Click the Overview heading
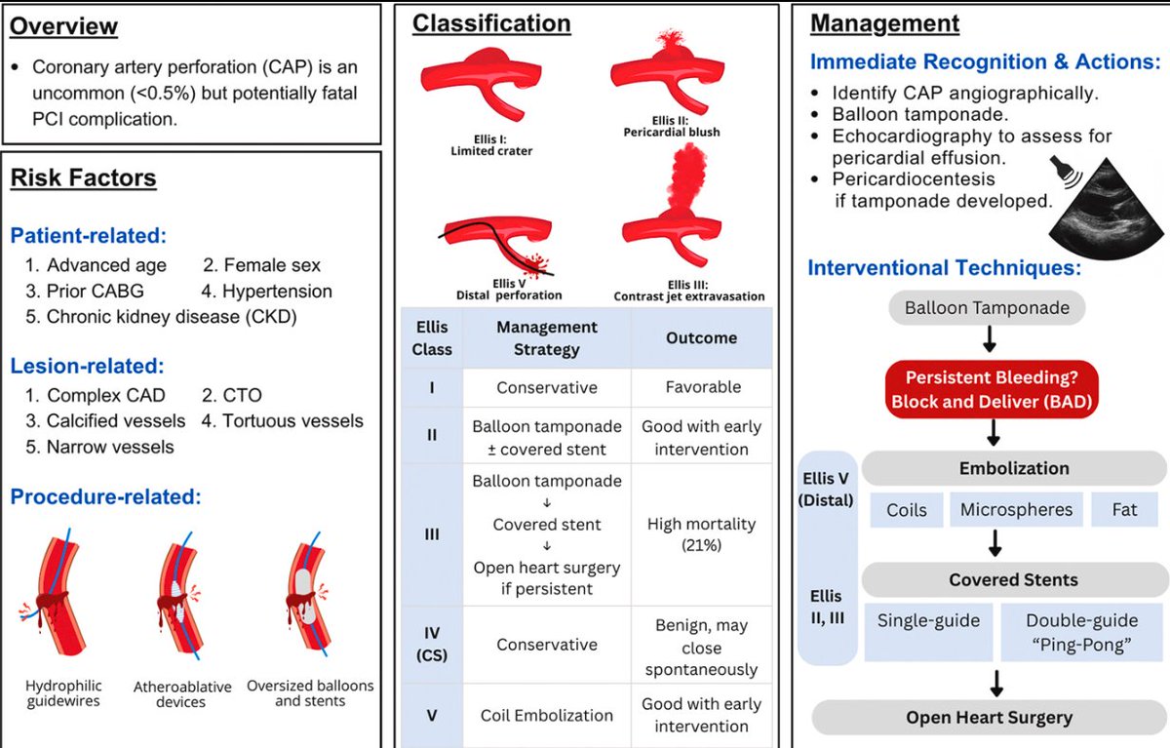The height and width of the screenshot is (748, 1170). coord(63,25)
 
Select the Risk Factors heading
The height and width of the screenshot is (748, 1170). coord(83,177)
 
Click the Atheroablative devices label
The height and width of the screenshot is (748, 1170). coord(182,693)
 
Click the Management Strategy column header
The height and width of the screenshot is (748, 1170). coord(546,337)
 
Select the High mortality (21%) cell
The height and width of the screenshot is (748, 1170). coord(701,534)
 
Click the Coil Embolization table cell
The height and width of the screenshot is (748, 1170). coord(546,715)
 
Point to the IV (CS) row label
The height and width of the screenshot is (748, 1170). coord(431,644)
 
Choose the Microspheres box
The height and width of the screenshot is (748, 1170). coord(1015,509)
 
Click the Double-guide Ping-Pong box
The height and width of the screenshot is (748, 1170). coord(1081,631)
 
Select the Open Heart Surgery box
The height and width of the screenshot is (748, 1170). coord(989,717)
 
